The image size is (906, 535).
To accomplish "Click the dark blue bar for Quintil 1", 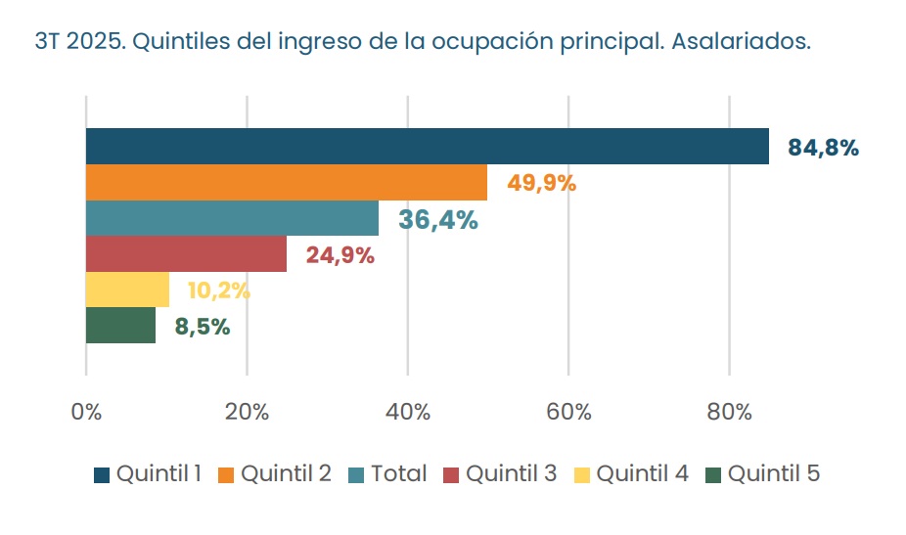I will click(x=427, y=147).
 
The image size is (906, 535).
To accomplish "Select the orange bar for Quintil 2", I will click(x=286, y=183).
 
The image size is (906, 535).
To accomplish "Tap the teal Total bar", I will click(x=232, y=218).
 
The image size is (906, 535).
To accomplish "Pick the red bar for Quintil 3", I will click(x=186, y=254).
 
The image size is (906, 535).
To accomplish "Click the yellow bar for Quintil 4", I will click(x=127, y=290).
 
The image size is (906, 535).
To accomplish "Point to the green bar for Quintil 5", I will click(x=120, y=326).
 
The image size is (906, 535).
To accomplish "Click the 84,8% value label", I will click(x=823, y=149).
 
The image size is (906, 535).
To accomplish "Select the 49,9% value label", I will click(x=541, y=183).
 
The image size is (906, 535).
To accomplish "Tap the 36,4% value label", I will click(x=437, y=220).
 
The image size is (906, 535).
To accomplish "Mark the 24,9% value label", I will click(x=340, y=256).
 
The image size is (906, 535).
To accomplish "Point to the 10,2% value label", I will click(x=218, y=290).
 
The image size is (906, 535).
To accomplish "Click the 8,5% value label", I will click(x=203, y=327).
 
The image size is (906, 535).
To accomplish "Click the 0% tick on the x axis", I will click(x=86, y=412).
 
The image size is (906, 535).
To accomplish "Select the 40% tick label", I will click(x=408, y=412).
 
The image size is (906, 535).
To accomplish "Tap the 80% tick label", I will click(x=729, y=412).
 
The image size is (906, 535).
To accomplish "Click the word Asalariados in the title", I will click(x=742, y=43).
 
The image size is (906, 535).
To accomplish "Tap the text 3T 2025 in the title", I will click(x=75, y=43).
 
